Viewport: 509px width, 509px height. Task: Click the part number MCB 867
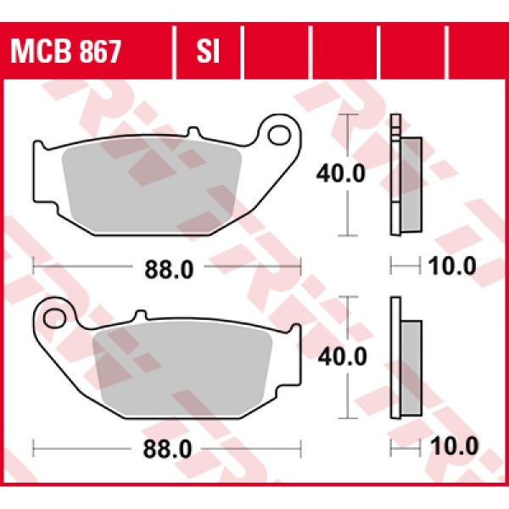65,53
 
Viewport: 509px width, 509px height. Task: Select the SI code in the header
208,53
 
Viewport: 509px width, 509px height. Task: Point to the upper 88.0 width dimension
166,269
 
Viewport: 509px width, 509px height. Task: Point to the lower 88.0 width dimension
166,445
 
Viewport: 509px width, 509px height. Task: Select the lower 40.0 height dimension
341,356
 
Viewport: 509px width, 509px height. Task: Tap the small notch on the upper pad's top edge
193,134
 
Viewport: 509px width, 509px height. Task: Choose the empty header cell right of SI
276,53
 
